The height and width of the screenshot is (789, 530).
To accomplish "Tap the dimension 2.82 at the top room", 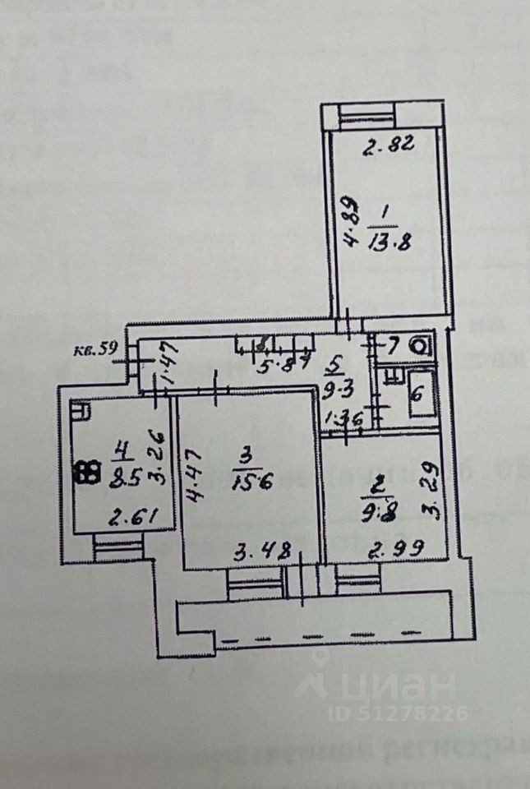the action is coord(389,149).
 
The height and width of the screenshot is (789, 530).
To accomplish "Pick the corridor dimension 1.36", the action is coord(343,418).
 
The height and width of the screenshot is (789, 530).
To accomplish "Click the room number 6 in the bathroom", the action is coord(416,394).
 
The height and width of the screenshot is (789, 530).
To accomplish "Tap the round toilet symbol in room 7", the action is coord(420,346).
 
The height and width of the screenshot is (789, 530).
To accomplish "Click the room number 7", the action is coord(393,345).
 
